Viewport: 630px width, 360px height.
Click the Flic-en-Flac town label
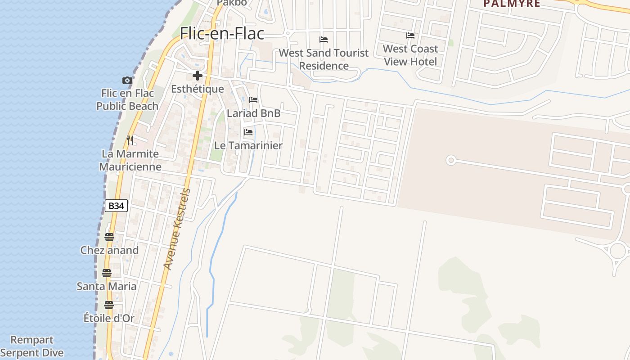[x=222, y=34]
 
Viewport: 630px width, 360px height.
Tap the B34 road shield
[x=116, y=206]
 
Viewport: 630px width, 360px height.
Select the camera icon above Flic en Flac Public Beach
[x=127, y=80]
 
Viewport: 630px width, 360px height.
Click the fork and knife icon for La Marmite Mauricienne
[x=130, y=140]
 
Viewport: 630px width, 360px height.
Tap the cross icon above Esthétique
[x=197, y=76]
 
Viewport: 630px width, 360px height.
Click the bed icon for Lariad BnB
[x=253, y=100]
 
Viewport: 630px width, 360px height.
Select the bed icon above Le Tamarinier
[x=248, y=132]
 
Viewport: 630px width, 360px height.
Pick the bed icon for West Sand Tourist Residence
[x=324, y=40]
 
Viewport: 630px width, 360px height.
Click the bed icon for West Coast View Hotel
[x=410, y=36]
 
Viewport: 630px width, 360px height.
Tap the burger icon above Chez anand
[x=109, y=237]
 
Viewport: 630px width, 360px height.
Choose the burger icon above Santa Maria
[x=107, y=273]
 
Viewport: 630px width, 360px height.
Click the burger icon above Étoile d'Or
[x=109, y=305]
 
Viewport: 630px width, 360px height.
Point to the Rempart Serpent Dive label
[x=32, y=346]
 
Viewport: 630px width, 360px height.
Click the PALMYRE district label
[x=512, y=4]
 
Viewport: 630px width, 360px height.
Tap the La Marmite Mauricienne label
[x=130, y=160]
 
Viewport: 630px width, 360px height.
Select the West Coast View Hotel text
[x=410, y=55]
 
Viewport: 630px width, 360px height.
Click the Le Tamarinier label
[x=248, y=145]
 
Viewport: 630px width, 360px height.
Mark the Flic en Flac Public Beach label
[x=127, y=99]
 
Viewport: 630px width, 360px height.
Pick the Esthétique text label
[x=197, y=89]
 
